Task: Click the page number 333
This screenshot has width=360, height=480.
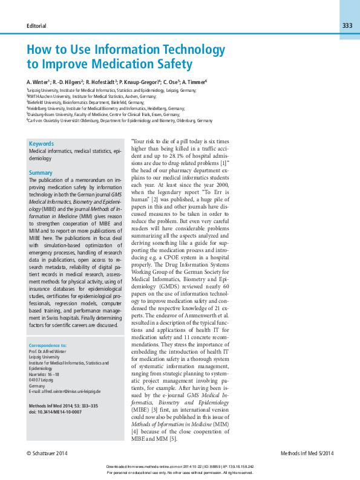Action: click(347, 25)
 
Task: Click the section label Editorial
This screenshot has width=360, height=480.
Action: click(36, 26)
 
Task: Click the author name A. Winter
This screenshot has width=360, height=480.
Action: click(38, 81)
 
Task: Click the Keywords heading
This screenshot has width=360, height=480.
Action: click(41, 144)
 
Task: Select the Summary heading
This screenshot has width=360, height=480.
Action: click(41, 173)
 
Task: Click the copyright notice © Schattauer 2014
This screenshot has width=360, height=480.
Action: click(47, 453)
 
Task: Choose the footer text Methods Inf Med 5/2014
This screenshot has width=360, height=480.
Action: click(307, 453)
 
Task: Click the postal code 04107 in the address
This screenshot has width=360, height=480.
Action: click(35, 380)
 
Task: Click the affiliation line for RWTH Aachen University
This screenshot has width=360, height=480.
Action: click(91, 96)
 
